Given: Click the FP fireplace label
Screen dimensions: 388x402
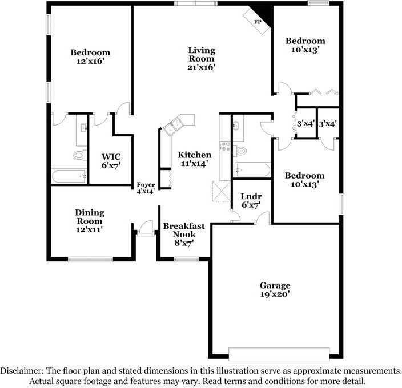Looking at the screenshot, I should click(258, 22).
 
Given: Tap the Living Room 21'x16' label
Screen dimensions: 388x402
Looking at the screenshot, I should click(202, 59).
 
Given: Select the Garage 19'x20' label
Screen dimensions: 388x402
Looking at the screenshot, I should click(275, 290).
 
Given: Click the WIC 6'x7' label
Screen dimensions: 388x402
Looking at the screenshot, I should click(111, 160).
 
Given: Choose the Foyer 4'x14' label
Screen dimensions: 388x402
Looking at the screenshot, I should click(145, 188).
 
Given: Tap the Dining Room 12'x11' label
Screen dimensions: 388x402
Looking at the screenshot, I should click(89, 221).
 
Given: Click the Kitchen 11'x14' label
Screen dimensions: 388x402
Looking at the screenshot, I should click(194, 159).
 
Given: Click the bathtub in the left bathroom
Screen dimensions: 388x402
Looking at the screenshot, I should click(69, 176).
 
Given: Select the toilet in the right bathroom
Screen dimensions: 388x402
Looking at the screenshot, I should click(240, 151).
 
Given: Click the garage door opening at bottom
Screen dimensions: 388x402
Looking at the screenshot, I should click(278, 351).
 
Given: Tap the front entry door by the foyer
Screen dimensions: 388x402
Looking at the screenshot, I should click(144, 228).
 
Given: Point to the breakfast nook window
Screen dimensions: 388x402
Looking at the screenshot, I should click(185, 260).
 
